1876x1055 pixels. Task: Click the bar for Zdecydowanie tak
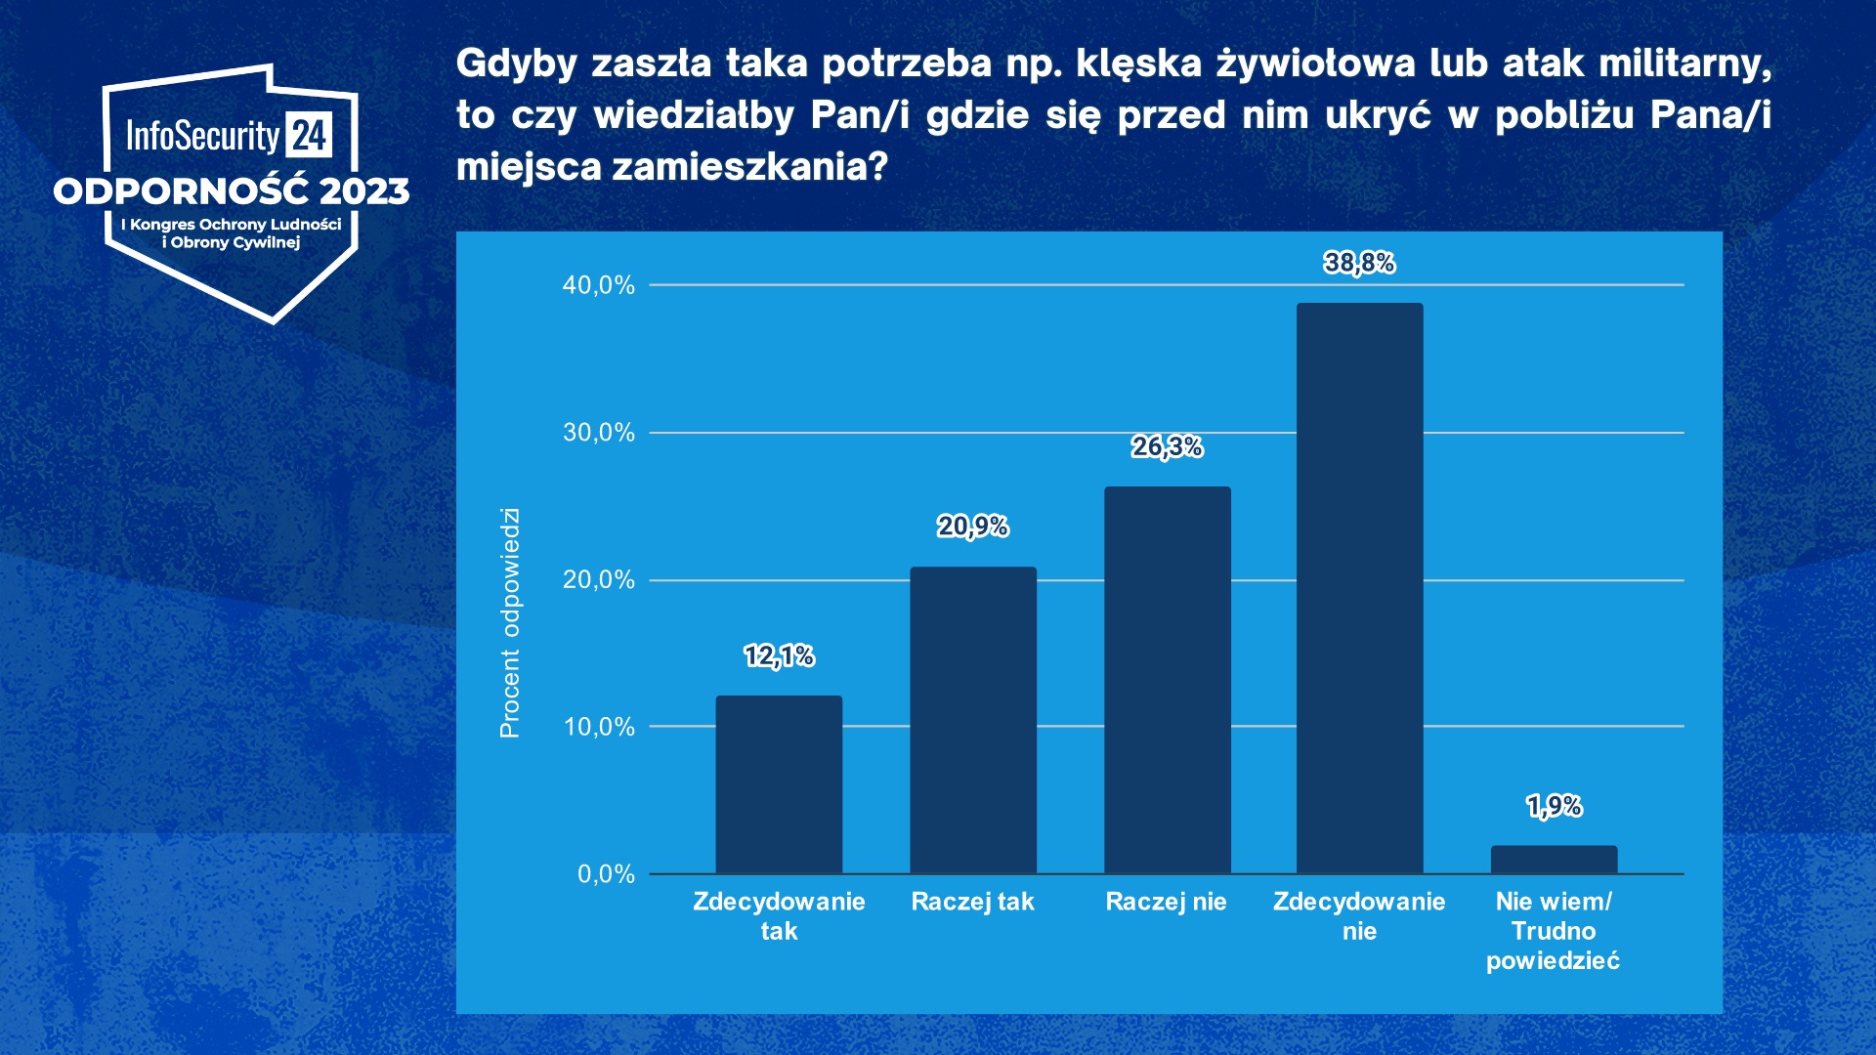(779, 784)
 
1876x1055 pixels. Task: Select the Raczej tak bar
(972, 720)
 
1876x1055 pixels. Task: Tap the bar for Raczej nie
(1167, 680)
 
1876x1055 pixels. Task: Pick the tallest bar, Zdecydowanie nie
(1359, 588)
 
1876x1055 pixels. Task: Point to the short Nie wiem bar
(1554, 860)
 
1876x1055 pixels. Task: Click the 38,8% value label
(1359, 263)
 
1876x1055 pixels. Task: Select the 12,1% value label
(779, 655)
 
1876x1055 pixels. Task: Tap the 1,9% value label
(1554, 806)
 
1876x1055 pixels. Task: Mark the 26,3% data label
(1167, 446)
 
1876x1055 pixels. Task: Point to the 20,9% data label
(972, 527)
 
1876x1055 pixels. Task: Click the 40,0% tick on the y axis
(598, 285)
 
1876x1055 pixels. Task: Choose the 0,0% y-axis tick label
(606, 874)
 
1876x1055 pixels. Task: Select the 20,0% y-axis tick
(598, 580)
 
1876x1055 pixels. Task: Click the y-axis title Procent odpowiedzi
(510, 623)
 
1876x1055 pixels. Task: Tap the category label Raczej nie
(1166, 902)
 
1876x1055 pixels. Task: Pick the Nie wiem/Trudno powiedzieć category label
(1553, 931)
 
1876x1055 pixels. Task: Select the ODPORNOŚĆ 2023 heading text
(232, 191)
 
